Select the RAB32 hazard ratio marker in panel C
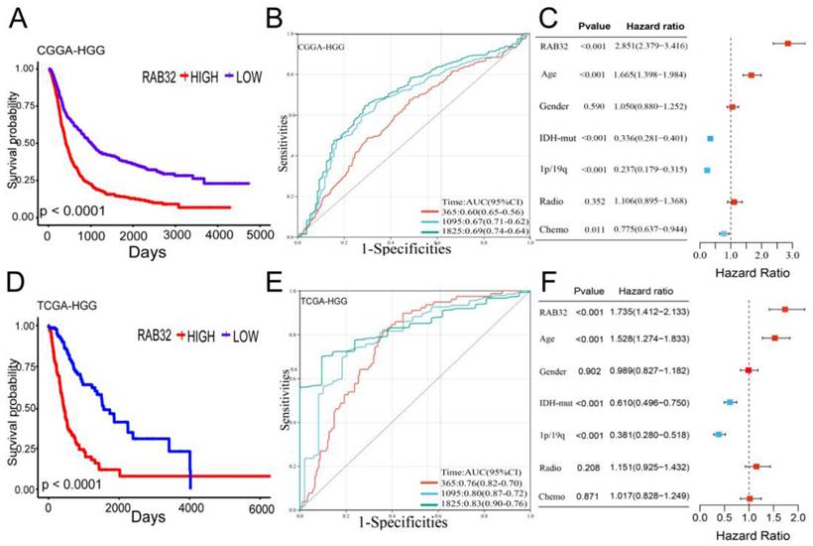tap(788, 44)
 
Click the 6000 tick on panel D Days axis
tap(260, 507)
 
